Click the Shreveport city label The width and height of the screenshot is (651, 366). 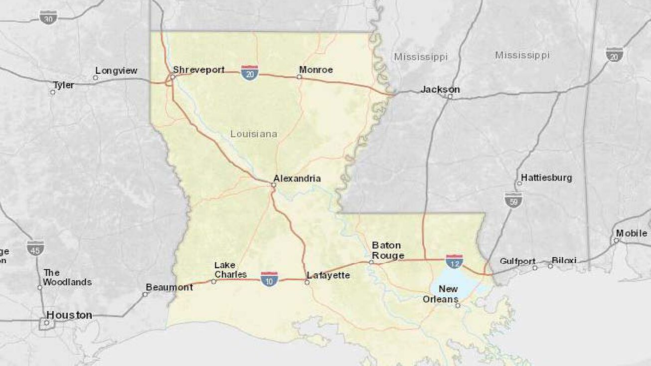tap(198, 70)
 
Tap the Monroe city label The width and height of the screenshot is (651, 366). tap(316, 70)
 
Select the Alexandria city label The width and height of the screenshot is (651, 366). tap(297, 179)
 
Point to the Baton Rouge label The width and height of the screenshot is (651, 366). tap(387, 251)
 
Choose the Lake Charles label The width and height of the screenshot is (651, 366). tap(230, 270)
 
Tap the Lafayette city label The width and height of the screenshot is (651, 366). tap(328, 275)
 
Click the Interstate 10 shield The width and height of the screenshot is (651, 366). tap(269, 279)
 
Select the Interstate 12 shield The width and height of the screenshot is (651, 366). tap(454, 261)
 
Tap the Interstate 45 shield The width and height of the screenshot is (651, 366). tap(35, 248)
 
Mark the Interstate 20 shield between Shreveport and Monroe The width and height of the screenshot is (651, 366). tap(249, 73)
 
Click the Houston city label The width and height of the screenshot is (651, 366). tap(69, 315)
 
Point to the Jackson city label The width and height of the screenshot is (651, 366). tap(440, 89)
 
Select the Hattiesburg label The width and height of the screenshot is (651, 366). tap(546, 178)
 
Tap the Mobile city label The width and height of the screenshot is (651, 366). tap(631, 233)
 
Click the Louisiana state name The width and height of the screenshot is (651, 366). tap(253, 134)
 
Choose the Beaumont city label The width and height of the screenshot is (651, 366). tap(169, 287)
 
